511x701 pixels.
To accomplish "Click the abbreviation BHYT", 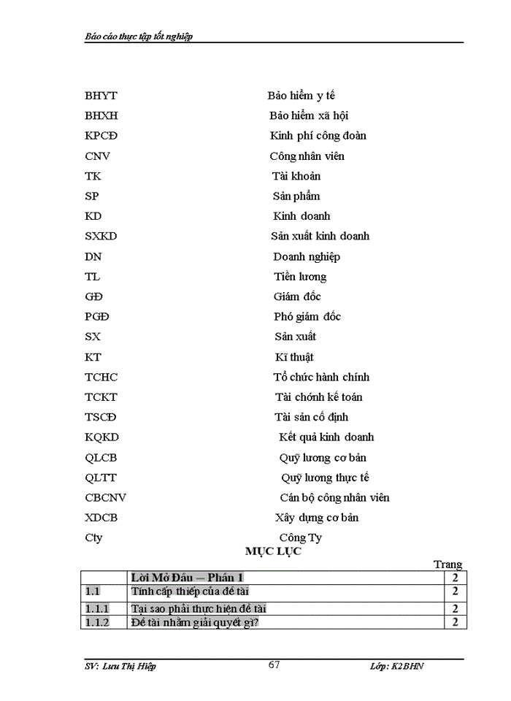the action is coord(101,96).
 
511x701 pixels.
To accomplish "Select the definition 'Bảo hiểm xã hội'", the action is coord(309,115).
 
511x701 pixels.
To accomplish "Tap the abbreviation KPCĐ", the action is coord(101,136).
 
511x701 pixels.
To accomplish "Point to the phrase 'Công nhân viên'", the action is coord(307,156).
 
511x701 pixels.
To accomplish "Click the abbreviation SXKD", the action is coord(101,237).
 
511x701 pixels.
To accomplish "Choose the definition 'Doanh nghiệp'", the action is coord(307,257).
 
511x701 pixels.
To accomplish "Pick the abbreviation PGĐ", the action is coord(98,317).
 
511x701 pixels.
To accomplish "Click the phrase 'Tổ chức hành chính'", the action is coord(321,378).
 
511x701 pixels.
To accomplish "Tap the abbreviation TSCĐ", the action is coord(101,418).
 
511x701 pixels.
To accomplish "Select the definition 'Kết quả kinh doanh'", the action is coord(326,437).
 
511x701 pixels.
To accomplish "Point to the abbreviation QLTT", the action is coord(101,478).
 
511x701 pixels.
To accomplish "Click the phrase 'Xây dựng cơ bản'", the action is coord(317,518).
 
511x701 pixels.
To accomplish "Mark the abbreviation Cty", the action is coord(93,538).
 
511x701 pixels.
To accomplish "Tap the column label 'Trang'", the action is coord(448,564).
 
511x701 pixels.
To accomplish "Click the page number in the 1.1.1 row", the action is coord(455,608).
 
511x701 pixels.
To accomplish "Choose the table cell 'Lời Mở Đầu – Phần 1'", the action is coord(187,578).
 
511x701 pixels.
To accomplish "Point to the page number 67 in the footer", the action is coord(274,664).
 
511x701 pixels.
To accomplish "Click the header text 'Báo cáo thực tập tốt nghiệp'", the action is coord(139,36).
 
